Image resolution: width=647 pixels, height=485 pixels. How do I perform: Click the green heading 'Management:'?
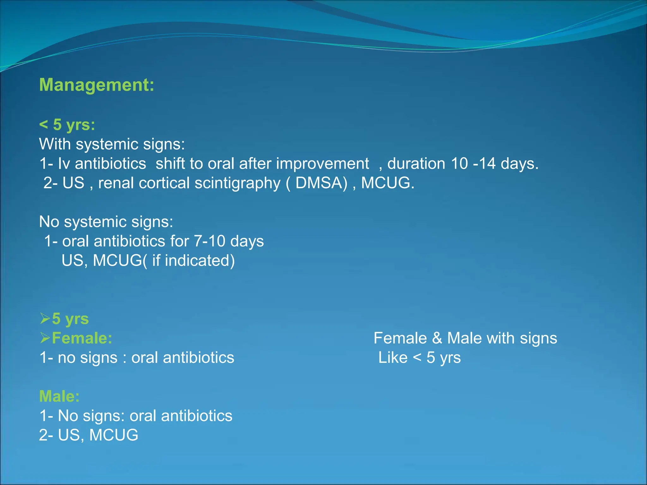click(96, 85)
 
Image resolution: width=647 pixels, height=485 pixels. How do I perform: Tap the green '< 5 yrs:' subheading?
click(67, 124)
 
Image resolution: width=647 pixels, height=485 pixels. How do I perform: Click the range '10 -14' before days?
click(473, 164)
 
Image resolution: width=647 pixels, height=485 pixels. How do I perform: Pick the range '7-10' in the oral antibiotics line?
click(209, 241)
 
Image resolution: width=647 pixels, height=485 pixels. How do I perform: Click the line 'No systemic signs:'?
click(106, 222)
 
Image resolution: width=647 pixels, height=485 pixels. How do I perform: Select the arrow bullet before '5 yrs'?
click(45, 319)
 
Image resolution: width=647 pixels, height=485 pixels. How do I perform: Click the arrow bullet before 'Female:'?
click(45, 338)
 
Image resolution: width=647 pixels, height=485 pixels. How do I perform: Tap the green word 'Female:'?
click(82, 338)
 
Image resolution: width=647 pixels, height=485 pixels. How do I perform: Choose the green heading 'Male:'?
click(59, 396)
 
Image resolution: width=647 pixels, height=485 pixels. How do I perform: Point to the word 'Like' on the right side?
click(393, 358)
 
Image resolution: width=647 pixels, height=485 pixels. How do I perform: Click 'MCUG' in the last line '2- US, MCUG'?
click(114, 435)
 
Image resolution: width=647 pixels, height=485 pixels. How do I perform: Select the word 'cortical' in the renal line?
click(164, 183)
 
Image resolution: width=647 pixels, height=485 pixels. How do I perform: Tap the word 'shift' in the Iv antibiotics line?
click(170, 164)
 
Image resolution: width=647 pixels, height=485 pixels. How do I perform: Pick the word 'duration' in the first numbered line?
click(416, 164)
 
